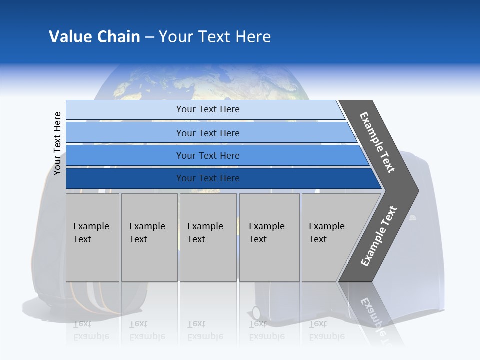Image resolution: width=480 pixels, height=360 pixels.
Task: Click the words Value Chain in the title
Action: coord(94,37)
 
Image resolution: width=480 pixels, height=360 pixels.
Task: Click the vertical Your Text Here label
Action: coord(58,143)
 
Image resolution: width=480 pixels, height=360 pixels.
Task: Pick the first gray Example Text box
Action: coord(92,237)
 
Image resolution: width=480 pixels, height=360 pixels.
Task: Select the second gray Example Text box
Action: coord(149,237)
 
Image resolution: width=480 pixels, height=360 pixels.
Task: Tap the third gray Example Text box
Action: coord(208,237)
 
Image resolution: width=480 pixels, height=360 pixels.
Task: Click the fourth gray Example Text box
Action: coord(269,237)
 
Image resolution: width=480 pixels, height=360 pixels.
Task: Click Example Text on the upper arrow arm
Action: coord(377,142)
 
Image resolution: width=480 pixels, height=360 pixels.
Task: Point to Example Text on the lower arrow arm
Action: coord(378,236)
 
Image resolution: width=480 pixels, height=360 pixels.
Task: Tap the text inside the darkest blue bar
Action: coord(208,178)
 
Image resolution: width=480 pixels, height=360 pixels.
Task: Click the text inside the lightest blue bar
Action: coord(208,109)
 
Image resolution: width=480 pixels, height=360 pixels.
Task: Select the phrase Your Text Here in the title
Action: coord(215,37)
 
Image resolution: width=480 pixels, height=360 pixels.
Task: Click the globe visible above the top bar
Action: coord(200,82)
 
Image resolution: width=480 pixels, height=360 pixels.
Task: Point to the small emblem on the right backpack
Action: coord(413,217)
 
